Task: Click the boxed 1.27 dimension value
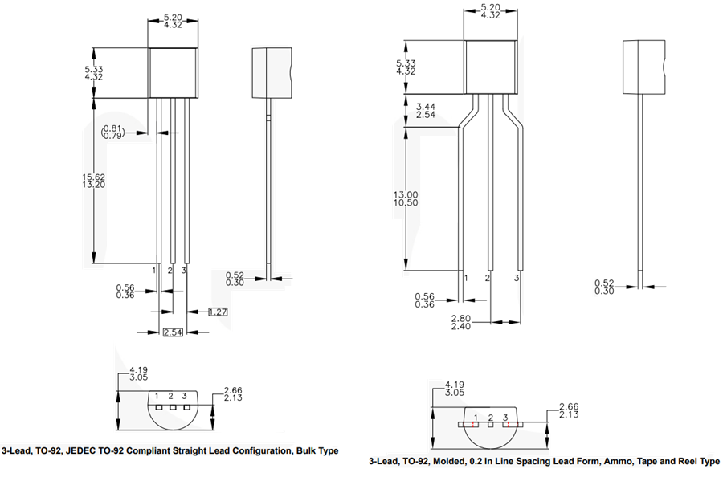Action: click(x=217, y=312)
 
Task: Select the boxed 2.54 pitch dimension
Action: click(x=173, y=332)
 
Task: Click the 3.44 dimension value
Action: click(x=427, y=106)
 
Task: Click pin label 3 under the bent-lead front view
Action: click(x=517, y=277)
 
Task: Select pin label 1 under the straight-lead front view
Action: click(x=155, y=271)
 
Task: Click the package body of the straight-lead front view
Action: click(x=173, y=72)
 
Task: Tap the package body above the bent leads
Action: click(x=490, y=66)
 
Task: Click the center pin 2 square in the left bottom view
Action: click(x=171, y=407)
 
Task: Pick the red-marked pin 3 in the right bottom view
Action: click(x=506, y=423)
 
